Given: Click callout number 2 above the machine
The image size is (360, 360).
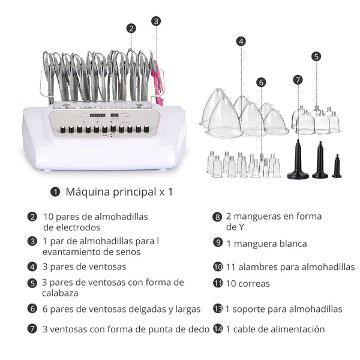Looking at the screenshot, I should point(131,28).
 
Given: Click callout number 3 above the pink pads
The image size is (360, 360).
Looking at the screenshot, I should point(156,21).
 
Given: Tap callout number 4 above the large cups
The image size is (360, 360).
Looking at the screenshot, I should point(241,41).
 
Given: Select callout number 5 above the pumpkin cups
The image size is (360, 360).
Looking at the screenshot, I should point(316,56).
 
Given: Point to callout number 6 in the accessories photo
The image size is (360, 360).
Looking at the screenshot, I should point(261,82).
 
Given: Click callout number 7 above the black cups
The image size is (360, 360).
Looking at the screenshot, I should point(298,79).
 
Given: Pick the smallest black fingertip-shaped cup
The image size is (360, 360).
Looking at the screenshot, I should point(337,166).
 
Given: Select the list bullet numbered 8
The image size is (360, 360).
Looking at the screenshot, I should point(217,217).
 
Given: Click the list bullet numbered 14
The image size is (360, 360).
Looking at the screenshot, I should point(217,329).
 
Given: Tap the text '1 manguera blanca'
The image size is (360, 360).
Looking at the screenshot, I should point(266,243).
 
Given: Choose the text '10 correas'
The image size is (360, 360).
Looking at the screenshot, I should point(248,283).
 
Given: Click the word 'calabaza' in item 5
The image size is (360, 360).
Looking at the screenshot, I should point(61,293).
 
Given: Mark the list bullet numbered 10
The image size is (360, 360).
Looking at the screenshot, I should point(217,267).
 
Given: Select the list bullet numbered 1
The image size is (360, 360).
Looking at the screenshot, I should point(55,192).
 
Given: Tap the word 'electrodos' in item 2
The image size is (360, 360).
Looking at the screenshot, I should point(71,227).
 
